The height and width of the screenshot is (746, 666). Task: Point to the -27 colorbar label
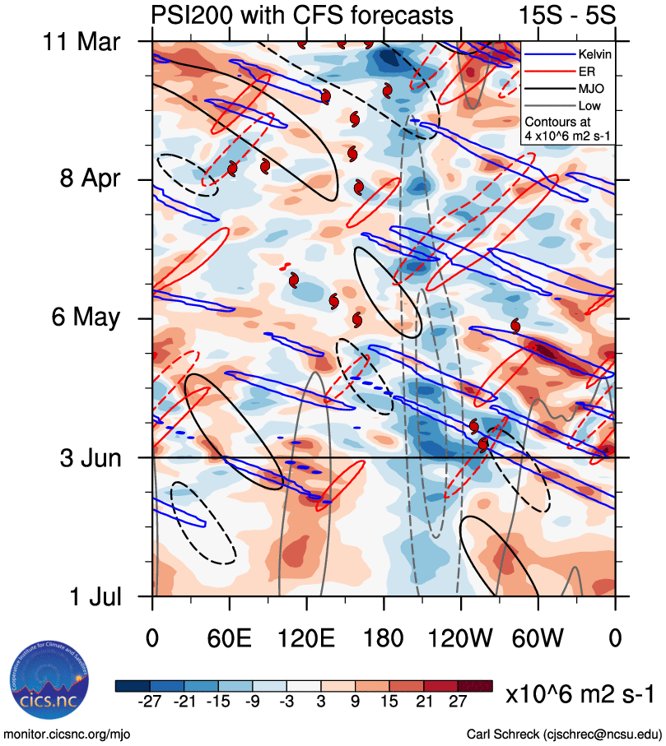[150, 700]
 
